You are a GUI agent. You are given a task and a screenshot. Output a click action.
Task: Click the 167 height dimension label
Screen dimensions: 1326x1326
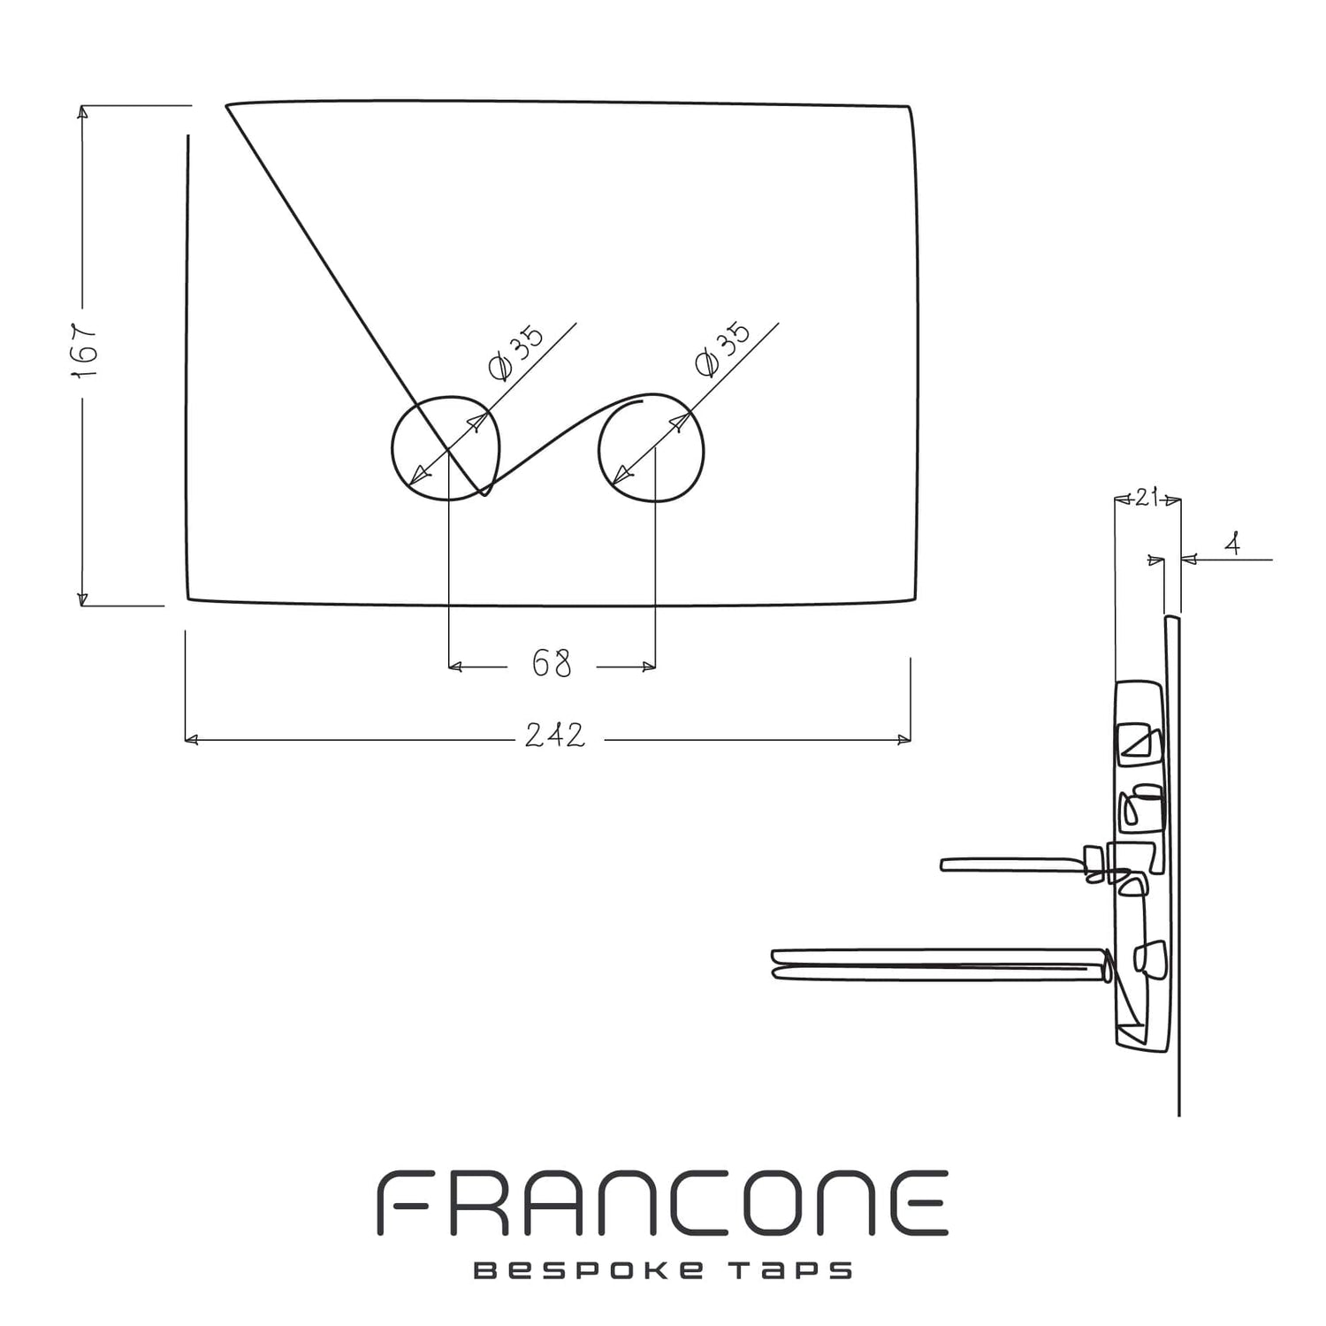pos(84,349)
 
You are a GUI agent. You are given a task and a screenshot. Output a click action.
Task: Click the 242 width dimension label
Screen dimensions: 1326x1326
pos(555,735)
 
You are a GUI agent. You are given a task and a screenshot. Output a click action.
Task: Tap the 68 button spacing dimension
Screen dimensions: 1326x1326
pos(552,663)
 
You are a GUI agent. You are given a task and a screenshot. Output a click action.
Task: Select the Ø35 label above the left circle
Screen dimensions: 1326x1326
pos(516,352)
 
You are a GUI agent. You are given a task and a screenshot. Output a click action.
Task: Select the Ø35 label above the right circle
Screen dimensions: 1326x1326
pos(722,348)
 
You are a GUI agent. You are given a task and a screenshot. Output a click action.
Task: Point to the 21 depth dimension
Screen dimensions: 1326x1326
pos(1147,499)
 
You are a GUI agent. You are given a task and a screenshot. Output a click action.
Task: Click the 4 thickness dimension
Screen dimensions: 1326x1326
pos(1232,545)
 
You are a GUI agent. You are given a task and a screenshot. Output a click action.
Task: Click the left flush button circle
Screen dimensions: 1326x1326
pos(447,447)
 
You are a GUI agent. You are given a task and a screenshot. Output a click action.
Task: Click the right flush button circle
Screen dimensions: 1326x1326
pos(652,447)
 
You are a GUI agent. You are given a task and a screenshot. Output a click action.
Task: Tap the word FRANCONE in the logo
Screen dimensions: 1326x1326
pos(663,1203)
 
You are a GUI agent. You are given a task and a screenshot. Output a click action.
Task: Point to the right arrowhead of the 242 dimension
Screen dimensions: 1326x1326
pos(904,739)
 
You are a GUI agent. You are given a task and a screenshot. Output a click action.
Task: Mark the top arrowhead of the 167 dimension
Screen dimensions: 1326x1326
pos(83,112)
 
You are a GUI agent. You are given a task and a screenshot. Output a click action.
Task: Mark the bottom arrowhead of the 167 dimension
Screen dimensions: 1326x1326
pos(83,599)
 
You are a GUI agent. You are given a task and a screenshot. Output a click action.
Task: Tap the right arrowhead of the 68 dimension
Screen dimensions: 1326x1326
pos(649,667)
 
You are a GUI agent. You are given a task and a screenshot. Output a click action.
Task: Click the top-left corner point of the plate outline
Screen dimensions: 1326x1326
pos(226,106)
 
